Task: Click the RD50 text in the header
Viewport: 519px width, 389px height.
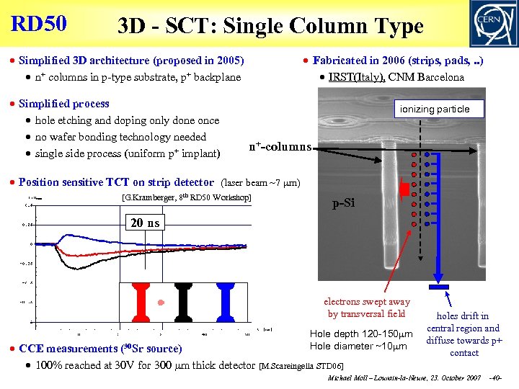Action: [x=39, y=23]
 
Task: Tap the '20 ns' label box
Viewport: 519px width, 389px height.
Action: [x=145, y=223]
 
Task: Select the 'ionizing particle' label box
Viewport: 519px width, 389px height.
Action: [x=440, y=109]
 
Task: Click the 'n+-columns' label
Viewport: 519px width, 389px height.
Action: [x=280, y=147]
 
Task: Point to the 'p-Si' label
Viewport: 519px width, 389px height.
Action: [x=343, y=204]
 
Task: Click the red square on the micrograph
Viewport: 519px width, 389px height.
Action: [x=404, y=189]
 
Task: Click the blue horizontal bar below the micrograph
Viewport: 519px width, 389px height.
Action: [x=438, y=287]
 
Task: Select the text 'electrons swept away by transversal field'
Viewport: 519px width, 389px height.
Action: [x=366, y=308]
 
